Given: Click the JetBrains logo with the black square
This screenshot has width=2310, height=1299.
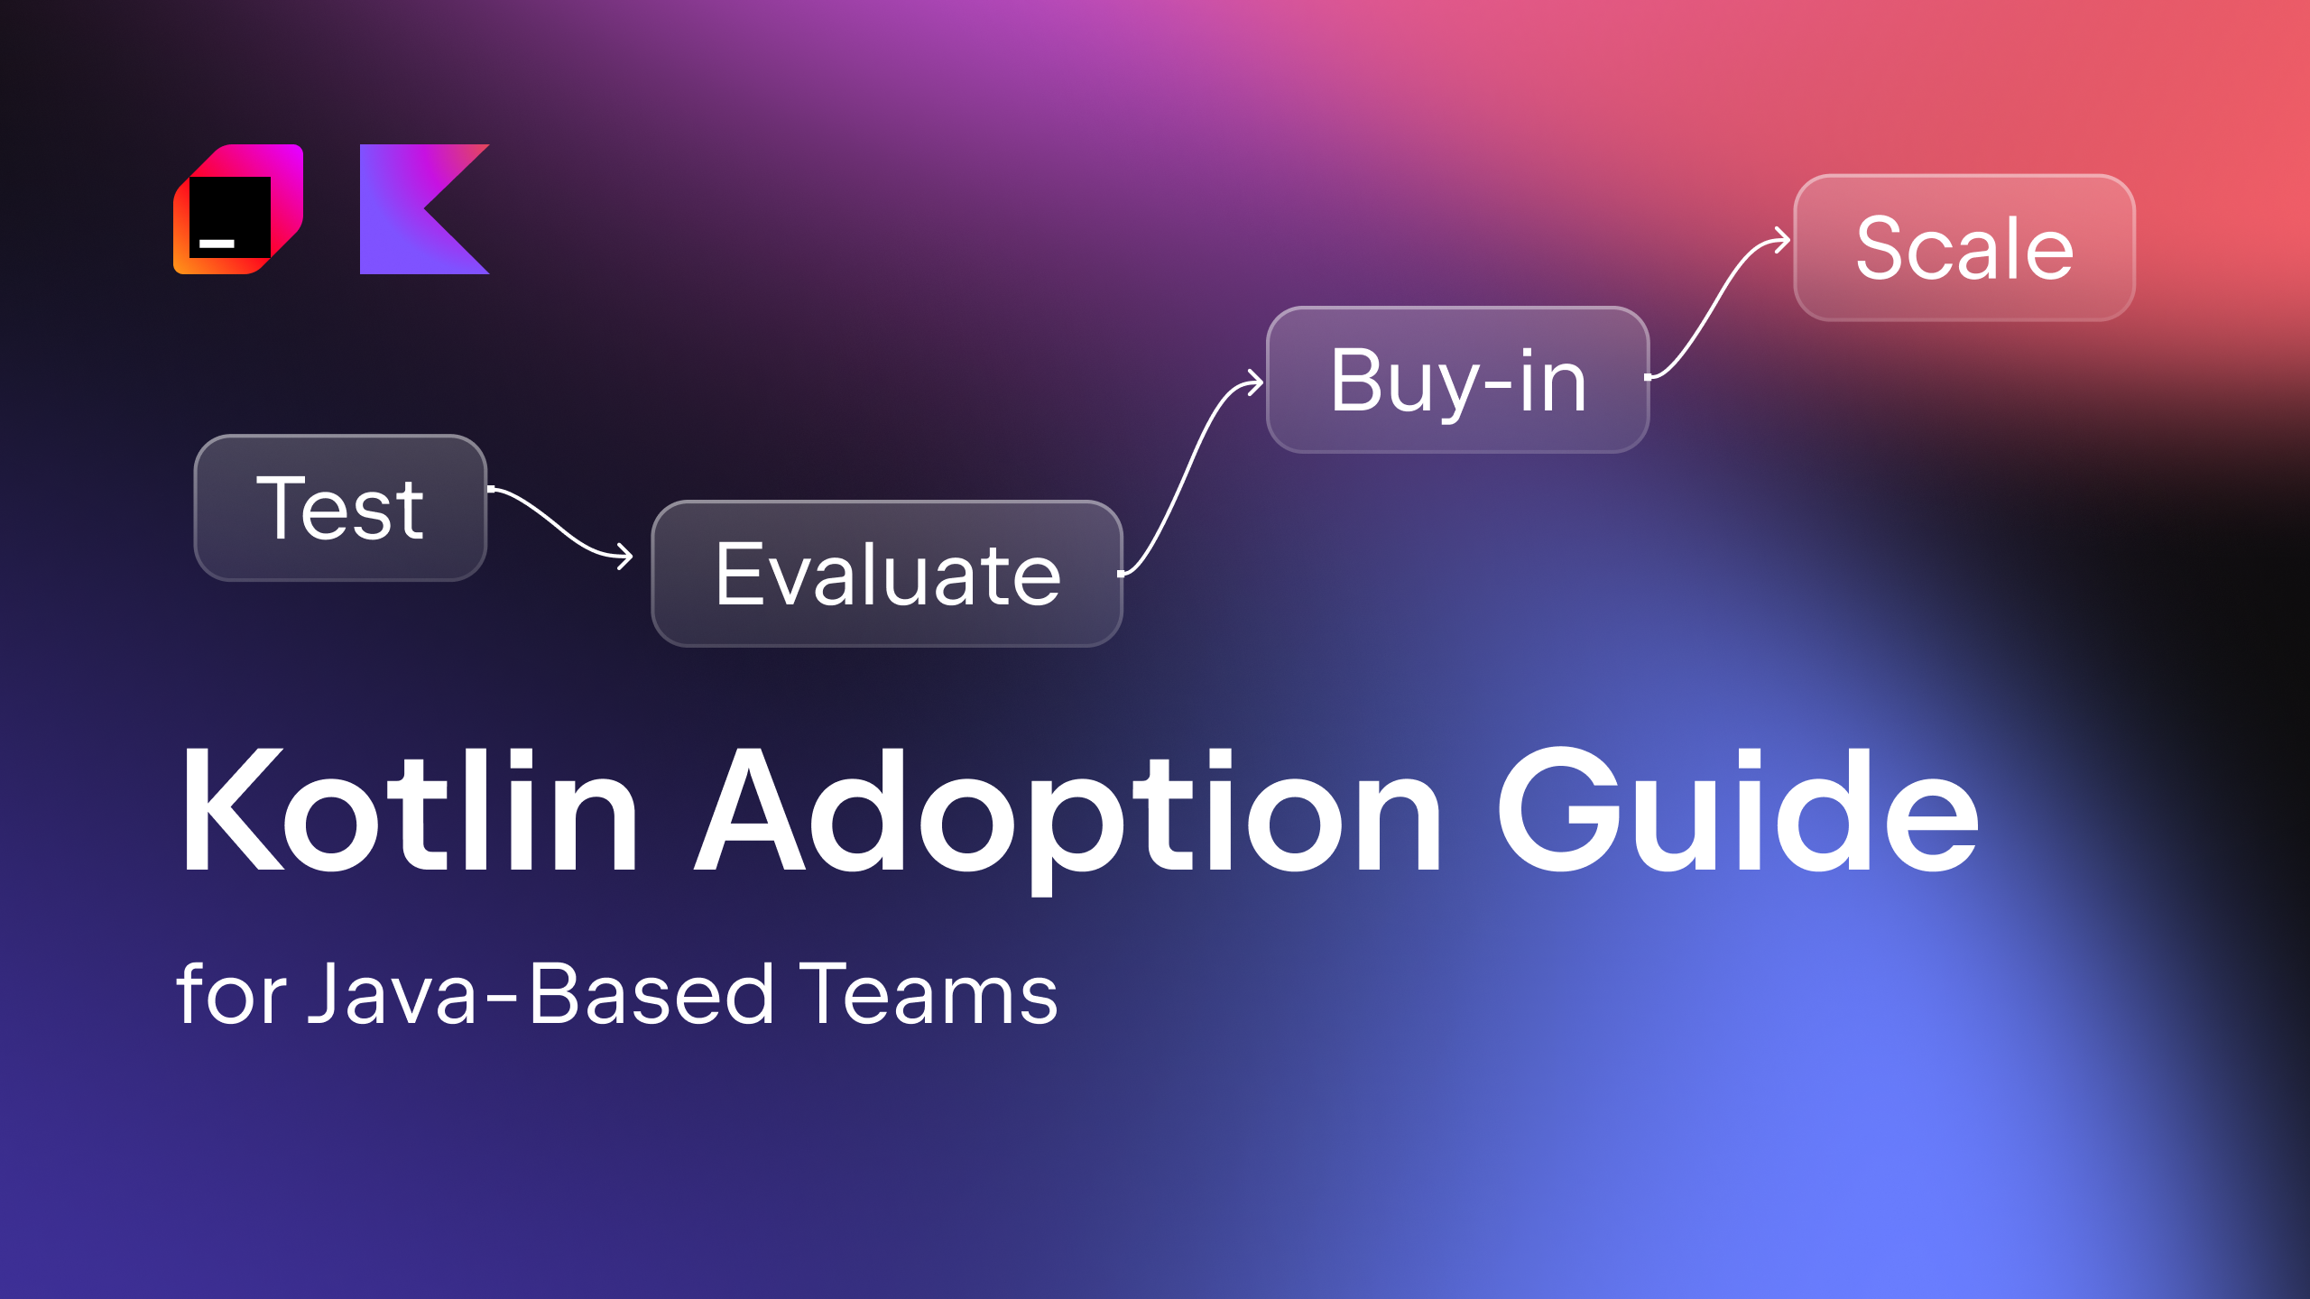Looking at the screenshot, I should pos(237,209).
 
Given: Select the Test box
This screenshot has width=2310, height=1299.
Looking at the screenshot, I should pos(340,508).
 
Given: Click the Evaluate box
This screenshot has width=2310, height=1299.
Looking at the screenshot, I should pos(887,574).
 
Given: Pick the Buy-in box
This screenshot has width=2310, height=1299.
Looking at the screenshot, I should pos(1458,380).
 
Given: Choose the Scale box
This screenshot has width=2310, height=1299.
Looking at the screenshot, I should pos(1964,248).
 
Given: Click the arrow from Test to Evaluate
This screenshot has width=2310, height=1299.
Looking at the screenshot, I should pos(559,523).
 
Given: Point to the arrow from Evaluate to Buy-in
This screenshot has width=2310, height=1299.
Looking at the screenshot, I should pos(1191,469).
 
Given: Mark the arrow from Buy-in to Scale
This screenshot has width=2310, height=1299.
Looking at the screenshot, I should pos(1719,307).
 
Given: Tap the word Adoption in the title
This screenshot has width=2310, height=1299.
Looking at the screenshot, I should pos(1069,812).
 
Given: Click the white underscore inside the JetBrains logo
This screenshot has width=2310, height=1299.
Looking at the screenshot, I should pos(217,244).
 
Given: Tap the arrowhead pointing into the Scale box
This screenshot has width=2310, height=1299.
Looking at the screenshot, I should pos(1783,240).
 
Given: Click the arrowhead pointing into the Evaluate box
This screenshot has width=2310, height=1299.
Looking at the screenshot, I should pos(625,556).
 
